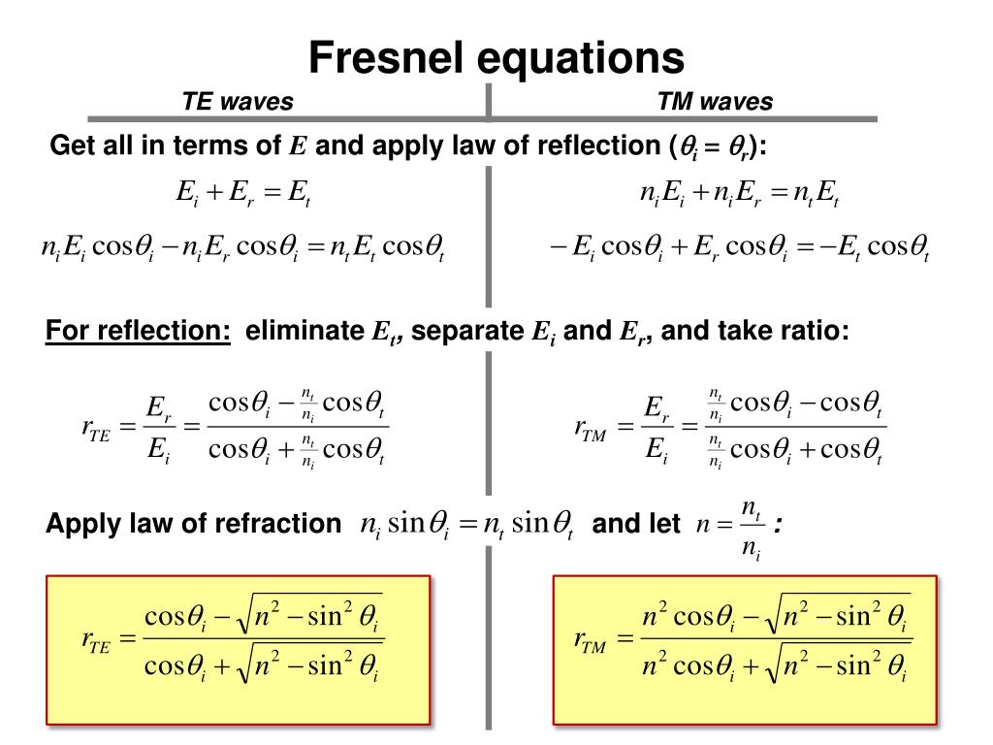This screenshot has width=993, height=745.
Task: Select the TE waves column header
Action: coord(238,102)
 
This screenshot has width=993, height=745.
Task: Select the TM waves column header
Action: coord(715,102)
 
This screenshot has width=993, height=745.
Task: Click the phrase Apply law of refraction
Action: coord(193,525)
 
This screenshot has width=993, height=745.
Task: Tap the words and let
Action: coord(636,525)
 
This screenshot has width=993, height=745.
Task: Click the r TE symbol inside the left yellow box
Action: coord(96,639)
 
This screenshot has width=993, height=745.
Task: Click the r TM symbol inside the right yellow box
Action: coord(590,639)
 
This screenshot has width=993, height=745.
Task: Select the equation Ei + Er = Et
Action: coord(242,193)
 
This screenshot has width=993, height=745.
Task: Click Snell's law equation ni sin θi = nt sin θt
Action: coord(466,526)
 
